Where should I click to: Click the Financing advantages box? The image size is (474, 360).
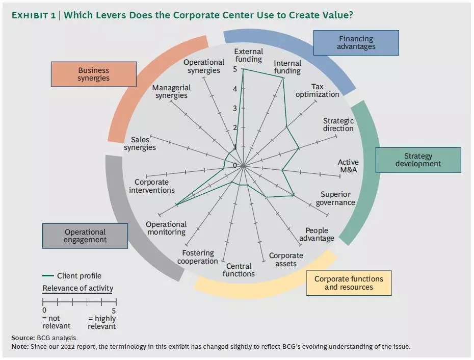[356, 43]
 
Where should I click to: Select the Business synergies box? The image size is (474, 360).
[93, 74]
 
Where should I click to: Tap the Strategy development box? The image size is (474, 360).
[418, 160]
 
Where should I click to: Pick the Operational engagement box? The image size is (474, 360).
[85, 236]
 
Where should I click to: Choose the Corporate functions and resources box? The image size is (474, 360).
[349, 283]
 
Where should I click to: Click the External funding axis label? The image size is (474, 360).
[249, 55]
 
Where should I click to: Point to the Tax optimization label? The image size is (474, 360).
[317, 91]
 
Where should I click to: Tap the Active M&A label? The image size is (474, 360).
[348, 166]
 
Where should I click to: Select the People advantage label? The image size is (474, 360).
[317, 235]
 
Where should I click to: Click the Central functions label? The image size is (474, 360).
[239, 270]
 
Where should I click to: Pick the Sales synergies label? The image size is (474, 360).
[140, 144]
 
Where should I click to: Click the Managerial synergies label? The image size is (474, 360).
[171, 92]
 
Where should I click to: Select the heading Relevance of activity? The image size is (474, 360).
[77, 288]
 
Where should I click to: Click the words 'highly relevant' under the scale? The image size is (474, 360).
[102, 322]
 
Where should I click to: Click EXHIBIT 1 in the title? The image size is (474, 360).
[34, 15]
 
